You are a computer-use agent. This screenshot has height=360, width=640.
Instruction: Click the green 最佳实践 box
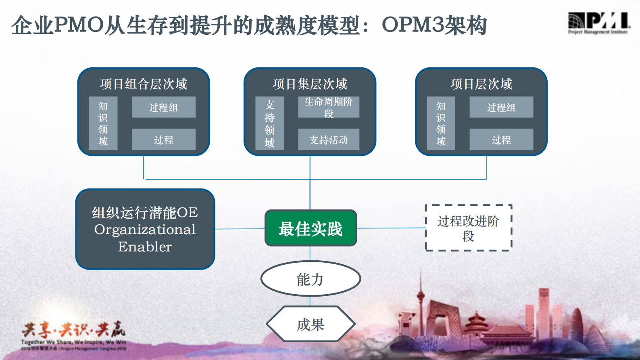coord(311,228)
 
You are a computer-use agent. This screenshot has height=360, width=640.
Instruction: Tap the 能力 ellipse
coord(310,279)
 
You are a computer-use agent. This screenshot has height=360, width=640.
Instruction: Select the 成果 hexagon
coord(310,324)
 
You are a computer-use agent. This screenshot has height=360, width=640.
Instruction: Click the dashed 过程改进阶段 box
coord(468,228)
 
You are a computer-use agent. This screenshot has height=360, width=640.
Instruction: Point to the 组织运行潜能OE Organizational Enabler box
coord(145,229)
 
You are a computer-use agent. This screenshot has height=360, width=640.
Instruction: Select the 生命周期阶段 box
coord(328,107)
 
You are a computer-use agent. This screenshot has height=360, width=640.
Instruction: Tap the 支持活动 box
coord(328,140)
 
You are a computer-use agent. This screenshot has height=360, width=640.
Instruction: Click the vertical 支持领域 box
coord(269,123)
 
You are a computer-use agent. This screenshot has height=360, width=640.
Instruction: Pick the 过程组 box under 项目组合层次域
coord(163,107)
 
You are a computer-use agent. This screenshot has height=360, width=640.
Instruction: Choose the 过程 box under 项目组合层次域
coord(163,140)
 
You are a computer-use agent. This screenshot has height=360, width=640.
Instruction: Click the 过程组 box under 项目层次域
coord(501,107)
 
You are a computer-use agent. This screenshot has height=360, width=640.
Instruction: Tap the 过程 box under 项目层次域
coord(501,140)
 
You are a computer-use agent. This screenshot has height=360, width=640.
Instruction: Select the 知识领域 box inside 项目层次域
coord(441,123)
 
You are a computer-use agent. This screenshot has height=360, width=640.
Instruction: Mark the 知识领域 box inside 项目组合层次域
coord(103,123)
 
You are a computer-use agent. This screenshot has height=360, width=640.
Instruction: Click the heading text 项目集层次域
coord(310,84)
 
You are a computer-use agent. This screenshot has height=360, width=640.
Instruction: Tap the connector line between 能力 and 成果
coord(310,301)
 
